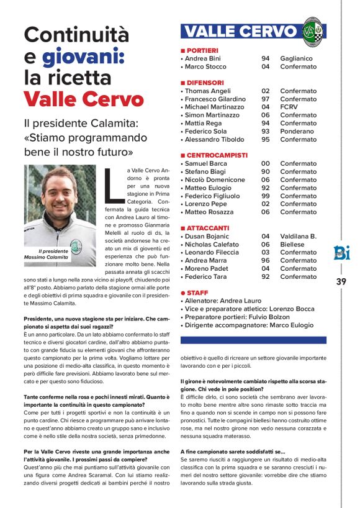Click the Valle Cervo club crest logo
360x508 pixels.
pyautogui.click(x=313, y=32)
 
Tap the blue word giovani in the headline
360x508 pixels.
pyautogui.click(x=83, y=57)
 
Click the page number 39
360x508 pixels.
pyautogui.click(x=341, y=281)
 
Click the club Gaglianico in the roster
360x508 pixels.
pyautogui.click(x=296, y=58)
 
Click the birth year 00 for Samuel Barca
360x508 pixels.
pyautogui.click(x=266, y=163)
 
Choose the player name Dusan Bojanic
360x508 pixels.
pyautogui.click(x=208, y=236)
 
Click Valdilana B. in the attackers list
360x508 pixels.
pyautogui.click(x=299, y=236)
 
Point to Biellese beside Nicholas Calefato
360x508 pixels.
pyautogui.click(x=294, y=244)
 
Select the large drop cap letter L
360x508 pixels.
pyautogui.click(x=113, y=184)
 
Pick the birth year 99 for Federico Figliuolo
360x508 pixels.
pyautogui.click(x=266, y=196)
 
